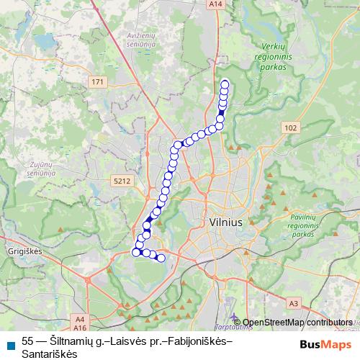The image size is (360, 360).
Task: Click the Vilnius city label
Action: click(225, 223)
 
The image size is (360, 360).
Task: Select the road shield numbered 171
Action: click(97, 84)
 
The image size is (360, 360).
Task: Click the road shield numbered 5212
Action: click(121, 181)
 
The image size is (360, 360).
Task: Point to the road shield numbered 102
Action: click(289, 127)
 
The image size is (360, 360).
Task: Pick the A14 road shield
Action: click(215, 4)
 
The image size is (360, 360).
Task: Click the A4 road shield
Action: click(79, 318)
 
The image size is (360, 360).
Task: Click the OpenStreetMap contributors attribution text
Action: click(297, 322)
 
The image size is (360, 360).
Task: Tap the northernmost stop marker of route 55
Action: click(224, 82)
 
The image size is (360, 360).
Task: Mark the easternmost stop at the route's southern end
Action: click(161, 258)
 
